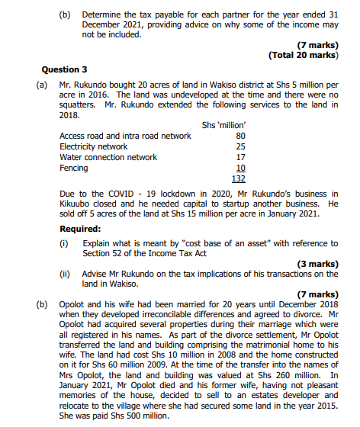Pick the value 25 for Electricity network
pos(241,147)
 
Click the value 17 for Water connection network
pos(241,157)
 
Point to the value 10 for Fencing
pos(241,168)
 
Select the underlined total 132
pos(239,178)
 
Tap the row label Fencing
pos(73,168)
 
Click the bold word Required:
pos(80,229)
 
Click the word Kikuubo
pos(74,205)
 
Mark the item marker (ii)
pos(66,274)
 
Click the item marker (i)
pos(65,244)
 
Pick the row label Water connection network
pos(108,157)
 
